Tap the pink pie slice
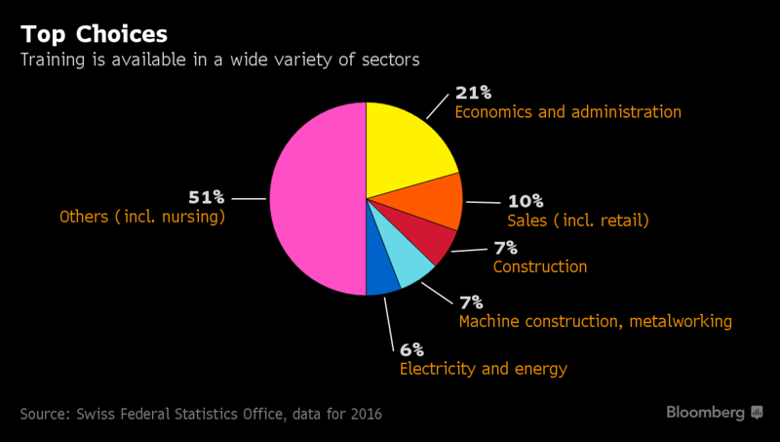[312, 200]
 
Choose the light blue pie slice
[405, 263]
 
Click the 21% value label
[474, 94]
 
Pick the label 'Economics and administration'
[568, 112]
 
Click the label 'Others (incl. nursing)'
[142, 217]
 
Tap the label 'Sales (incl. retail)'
[578, 221]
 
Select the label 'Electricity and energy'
[484, 369]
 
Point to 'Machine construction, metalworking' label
[595, 321]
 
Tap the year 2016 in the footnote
[362, 414]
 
